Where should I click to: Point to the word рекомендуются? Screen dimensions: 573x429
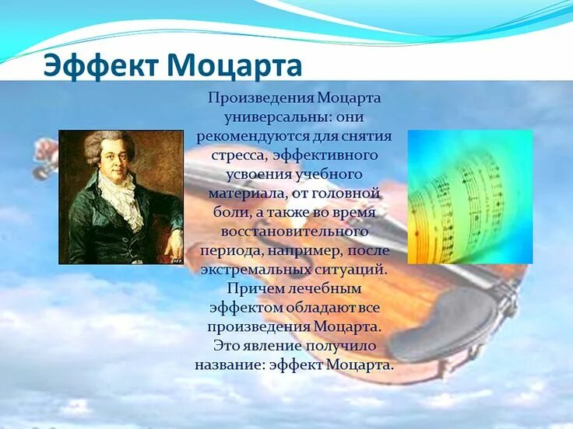(x=252, y=137)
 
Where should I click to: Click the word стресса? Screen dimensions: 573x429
(x=239, y=155)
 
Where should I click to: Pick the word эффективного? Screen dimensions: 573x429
(x=325, y=155)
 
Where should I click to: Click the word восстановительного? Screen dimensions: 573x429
(x=294, y=232)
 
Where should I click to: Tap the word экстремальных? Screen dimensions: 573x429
(x=255, y=270)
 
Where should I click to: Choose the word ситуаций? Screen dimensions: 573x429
(x=351, y=270)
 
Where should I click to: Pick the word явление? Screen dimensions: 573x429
(x=274, y=346)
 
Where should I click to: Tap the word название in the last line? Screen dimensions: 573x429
(x=230, y=365)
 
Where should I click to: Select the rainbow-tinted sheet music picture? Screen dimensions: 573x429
(x=470, y=197)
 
